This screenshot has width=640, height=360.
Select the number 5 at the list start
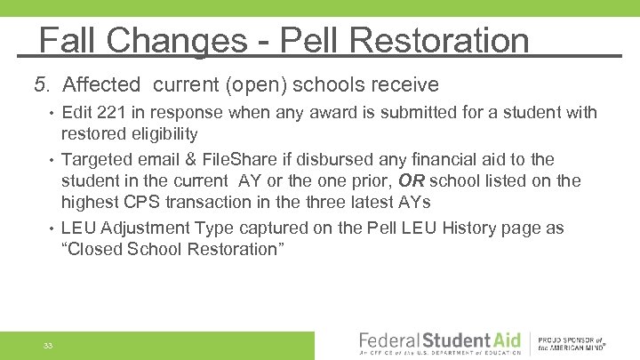pos(39,85)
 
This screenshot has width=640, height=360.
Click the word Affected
pos(102,85)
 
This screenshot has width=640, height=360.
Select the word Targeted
pos(97,160)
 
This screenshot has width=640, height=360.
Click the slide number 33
pos(47,345)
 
